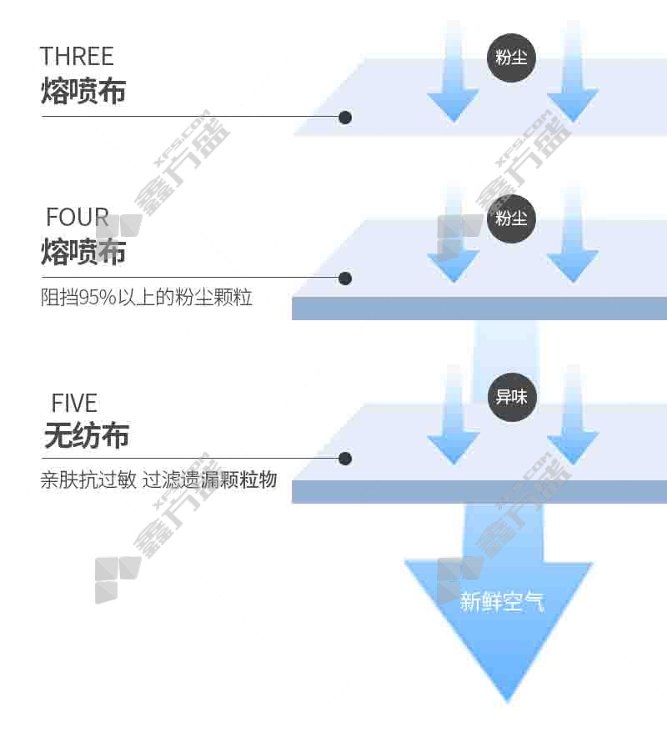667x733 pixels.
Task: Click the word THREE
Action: click(77, 57)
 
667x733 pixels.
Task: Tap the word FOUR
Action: click(78, 218)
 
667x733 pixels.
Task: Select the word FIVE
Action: click(74, 404)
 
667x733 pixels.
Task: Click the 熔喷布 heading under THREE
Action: click(83, 91)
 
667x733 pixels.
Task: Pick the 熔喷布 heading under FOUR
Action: click(83, 251)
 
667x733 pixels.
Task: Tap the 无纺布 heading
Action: click(87, 435)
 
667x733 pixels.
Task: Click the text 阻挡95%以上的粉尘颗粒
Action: click(147, 298)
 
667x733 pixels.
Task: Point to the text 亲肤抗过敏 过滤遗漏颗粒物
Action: click(158, 480)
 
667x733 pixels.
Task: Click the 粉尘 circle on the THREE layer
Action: click(511, 58)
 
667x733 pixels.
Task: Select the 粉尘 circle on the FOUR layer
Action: click(511, 218)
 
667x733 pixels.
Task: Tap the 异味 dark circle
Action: click(511, 397)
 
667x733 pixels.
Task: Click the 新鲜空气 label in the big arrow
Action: click(502, 601)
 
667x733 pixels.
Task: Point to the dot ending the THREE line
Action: click(345, 118)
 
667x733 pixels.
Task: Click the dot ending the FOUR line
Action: click(345, 278)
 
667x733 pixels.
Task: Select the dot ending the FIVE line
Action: click(345, 459)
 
